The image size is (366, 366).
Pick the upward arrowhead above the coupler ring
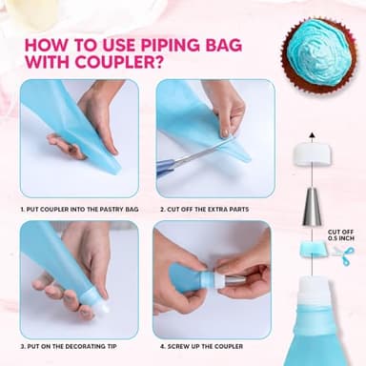[x=312, y=134]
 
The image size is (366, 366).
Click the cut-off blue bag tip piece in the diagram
[x=311, y=249]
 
